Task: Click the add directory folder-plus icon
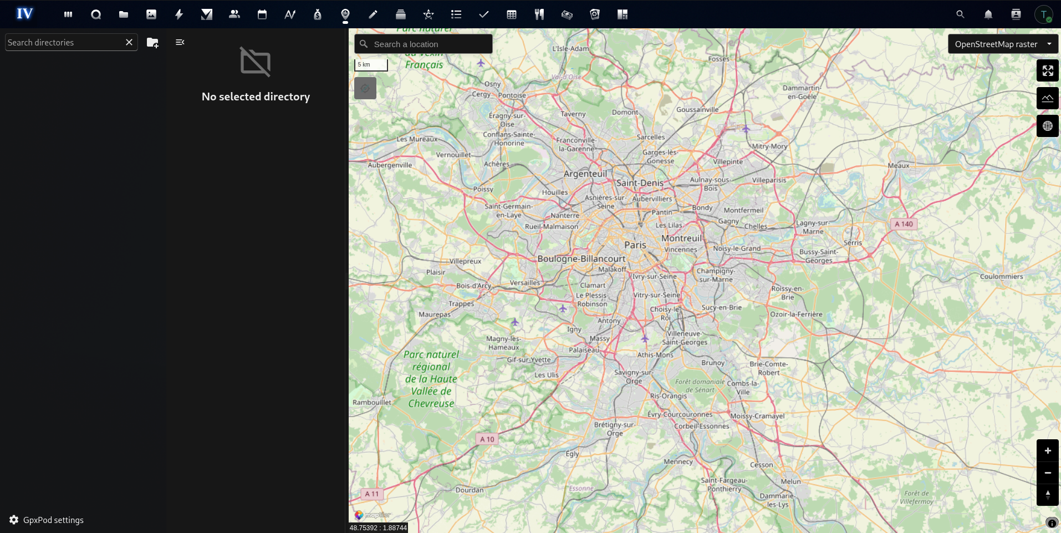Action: pos(152,43)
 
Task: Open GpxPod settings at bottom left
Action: pos(47,520)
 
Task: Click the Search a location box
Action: pos(424,44)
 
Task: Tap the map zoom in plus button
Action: pos(1047,451)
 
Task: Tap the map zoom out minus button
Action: pos(1047,473)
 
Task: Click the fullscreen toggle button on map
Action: pos(1047,71)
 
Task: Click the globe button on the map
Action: pos(1047,126)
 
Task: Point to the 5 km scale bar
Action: pos(371,65)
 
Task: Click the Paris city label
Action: pos(635,245)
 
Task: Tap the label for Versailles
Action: pos(524,283)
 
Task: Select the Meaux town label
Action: pos(898,166)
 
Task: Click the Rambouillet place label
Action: pos(371,403)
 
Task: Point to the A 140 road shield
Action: pos(904,224)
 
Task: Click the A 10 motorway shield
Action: pos(487,439)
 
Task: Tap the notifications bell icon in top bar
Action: pos(988,14)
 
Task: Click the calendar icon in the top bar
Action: pos(262,14)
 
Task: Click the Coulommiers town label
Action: pos(1001,277)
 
